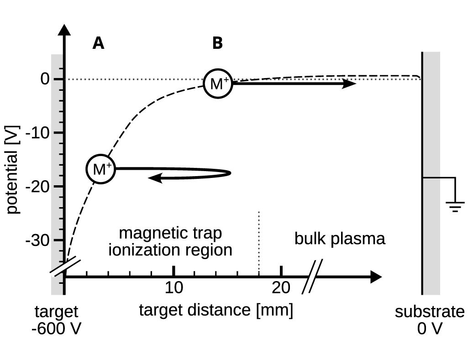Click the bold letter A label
click(x=98, y=43)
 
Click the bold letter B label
click(x=217, y=43)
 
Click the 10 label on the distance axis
click(x=174, y=288)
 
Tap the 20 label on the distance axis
click(x=281, y=288)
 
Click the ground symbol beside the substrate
click(x=455, y=206)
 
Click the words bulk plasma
click(x=340, y=239)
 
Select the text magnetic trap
click(x=170, y=233)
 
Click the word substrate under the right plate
click(x=430, y=312)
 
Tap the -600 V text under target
click(x=56, y=329)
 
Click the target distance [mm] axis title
click(x=216, y=310)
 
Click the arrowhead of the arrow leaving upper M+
click(x=350, y=83)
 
